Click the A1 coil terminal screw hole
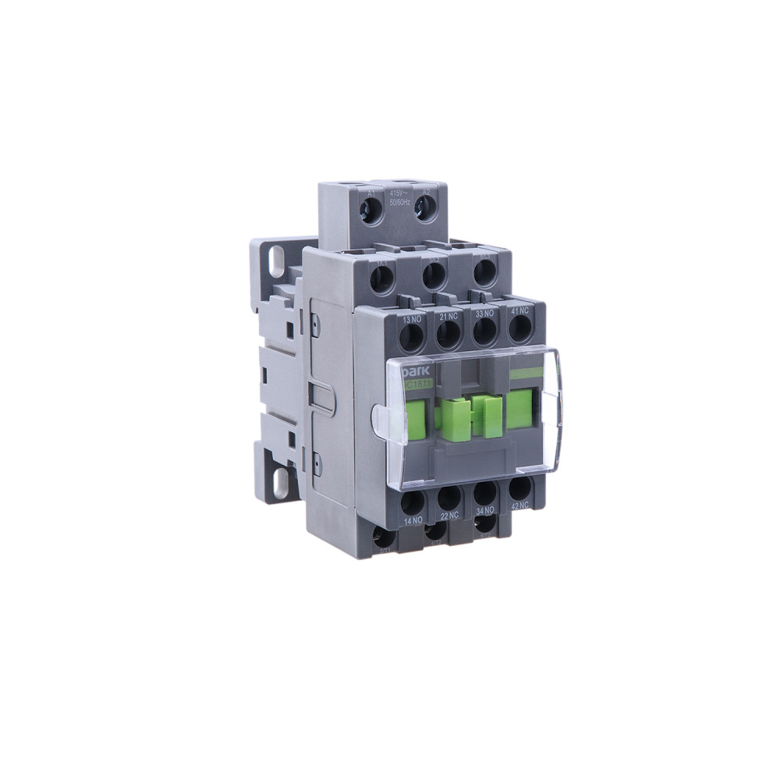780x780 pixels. [x=373, y=208]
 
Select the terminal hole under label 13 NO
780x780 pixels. [x=411, y=335]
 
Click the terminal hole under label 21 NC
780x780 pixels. [x=448, y=335]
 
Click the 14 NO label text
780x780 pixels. [x=413, y=519]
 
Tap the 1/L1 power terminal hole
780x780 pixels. [x=381, y=279]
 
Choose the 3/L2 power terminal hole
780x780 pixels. [x=434, y=275]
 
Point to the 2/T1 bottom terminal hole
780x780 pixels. [x=383, y=538]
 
